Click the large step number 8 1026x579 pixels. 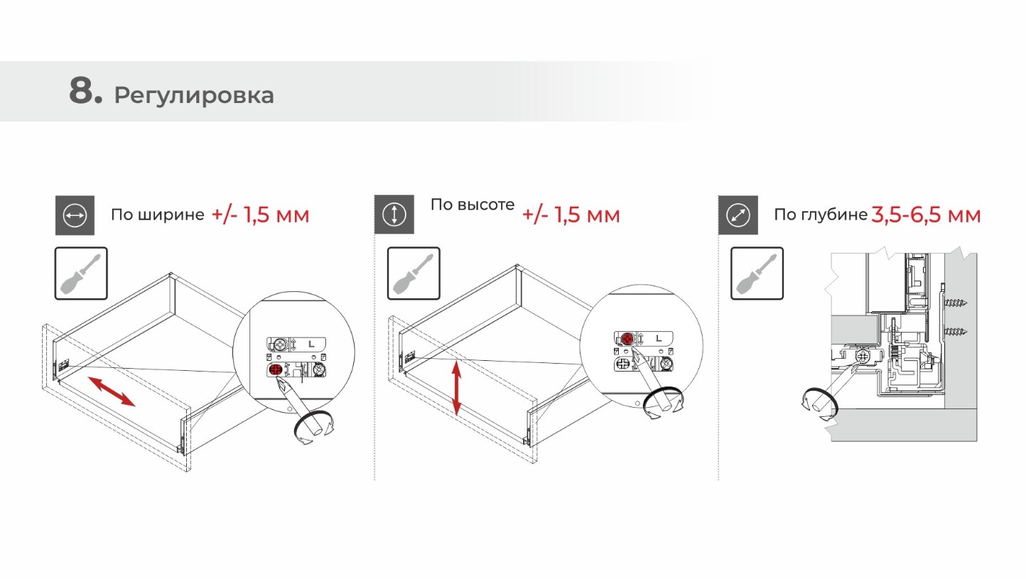(x=85, y=91)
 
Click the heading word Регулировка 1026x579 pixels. (x=194, y=96)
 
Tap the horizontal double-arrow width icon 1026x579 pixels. (x=75, y=215)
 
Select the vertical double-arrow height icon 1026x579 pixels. (x=394, y=215)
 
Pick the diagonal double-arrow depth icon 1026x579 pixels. (x=738, y=215)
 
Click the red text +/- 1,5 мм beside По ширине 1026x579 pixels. (x=260, y=215)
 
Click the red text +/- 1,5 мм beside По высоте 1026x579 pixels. (x=571, y=215)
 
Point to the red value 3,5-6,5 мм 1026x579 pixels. (x=926, y=215)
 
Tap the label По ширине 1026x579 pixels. (x=158, y=215)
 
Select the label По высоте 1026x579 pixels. (x=472, y=205)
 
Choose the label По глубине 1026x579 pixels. (x=821, y=215)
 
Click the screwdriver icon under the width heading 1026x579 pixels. (x=81, y=274)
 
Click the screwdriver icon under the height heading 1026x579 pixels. (x=414, y=274)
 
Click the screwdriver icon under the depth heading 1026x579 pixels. (x=757, y=274)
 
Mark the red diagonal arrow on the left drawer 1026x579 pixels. (x=112, y=391)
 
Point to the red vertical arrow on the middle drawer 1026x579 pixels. (x=457, y=387)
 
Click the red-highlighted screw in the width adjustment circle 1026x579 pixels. (x=275, y=369)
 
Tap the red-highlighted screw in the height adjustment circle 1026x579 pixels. (x=627, y=339)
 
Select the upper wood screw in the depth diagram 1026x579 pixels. (x=956, y=303)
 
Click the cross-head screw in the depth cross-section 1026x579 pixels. (x=863, y=357)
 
